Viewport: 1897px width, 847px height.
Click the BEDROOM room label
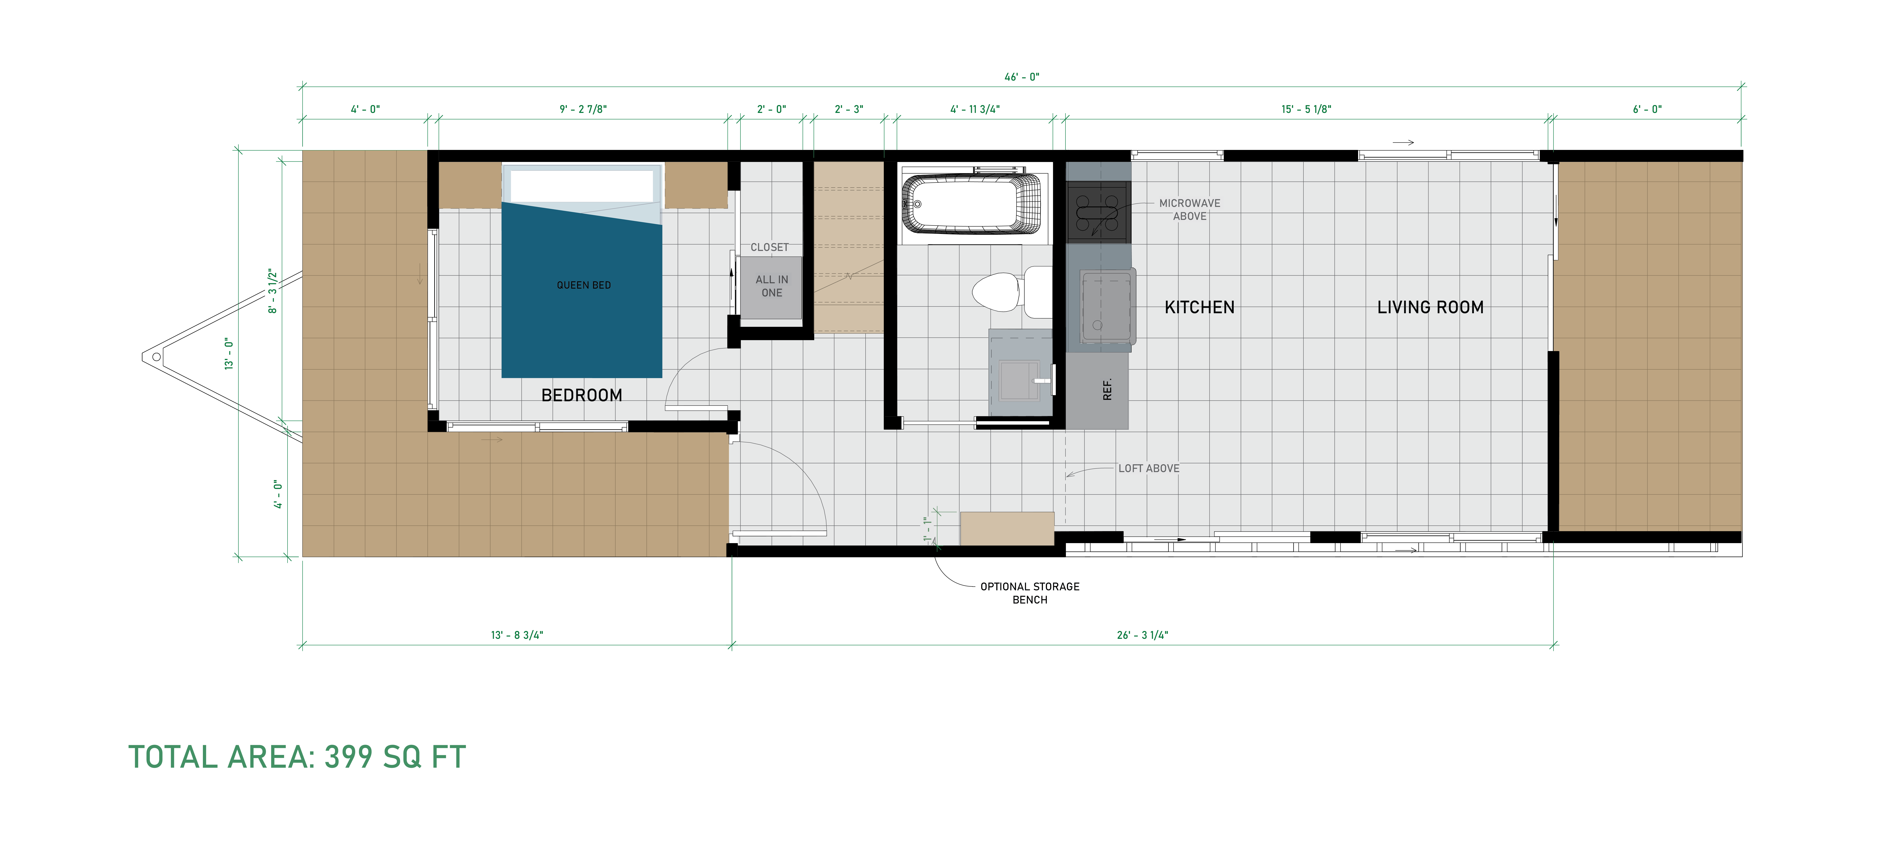click(582, 396)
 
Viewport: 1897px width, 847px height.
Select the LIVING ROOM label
click(1430, 307)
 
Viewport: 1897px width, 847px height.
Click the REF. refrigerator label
click(1107, 389)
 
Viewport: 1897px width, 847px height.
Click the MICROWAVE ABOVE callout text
click(1189, 209)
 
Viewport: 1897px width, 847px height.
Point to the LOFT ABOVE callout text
click(1149, 468)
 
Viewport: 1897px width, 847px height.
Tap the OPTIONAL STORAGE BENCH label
click(1030, 593)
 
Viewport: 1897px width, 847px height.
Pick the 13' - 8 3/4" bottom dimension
click(517, 635)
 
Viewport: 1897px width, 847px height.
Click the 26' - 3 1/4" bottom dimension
click(1142, 635)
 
